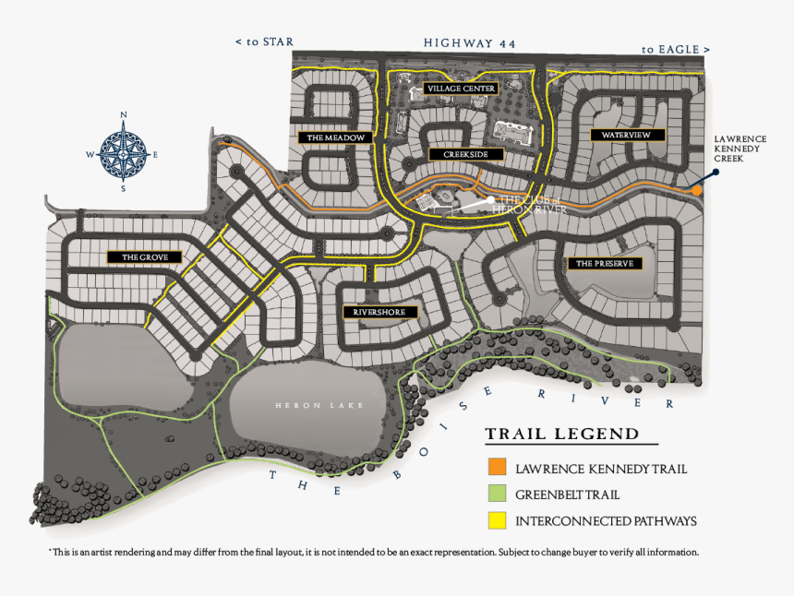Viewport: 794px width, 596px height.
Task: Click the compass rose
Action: point(123,154)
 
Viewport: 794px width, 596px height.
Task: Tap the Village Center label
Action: point(461,89)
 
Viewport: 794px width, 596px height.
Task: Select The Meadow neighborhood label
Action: point(336,137)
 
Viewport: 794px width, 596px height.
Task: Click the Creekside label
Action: point(466,154)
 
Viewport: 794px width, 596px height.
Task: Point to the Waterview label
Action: point(626,135)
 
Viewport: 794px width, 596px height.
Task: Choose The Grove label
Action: point(145,257)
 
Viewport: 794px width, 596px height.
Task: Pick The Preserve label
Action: point(605,264)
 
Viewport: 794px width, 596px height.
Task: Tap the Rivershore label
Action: point(379,312)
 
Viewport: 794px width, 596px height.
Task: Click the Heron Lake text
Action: point(319,405)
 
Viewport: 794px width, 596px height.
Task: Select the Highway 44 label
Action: point(469,43)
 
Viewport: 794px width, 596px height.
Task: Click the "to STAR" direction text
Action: point(264,42)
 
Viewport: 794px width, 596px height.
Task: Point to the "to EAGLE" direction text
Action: point(676,50)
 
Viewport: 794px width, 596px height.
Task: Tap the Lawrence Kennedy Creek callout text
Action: point(740,149)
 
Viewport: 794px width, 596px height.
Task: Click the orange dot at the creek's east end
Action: point(697,191)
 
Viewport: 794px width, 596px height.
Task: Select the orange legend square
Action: point(498,467)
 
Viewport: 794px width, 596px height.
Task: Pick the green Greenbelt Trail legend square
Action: point(498,494)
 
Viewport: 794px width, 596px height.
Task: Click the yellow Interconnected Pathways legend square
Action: point(498,520)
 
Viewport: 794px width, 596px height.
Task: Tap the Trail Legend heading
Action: point(562,435)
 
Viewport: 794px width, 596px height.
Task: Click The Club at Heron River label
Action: point(529,205)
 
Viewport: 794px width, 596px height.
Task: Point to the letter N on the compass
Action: point(124,115)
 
